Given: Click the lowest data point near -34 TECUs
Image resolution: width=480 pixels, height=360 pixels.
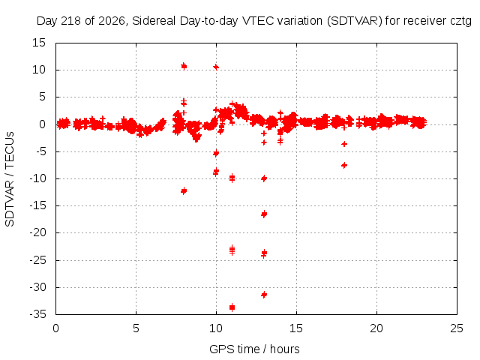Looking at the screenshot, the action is point(232,307).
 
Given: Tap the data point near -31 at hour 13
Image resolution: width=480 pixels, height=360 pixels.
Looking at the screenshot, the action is point(264,295).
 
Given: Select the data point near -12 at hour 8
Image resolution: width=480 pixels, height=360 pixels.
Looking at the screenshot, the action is point(184,191).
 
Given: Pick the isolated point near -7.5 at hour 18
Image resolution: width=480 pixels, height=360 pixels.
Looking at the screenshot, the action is point(344,165).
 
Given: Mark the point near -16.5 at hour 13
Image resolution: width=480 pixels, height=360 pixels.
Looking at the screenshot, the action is point(264,214).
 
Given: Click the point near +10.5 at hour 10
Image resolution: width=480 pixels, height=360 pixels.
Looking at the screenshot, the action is point(216,67).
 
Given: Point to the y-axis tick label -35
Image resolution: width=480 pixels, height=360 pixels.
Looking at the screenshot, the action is point(37,314).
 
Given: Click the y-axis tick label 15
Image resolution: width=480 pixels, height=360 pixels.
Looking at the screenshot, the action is point(39,43).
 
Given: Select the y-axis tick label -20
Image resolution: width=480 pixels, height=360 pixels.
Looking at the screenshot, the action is point(37,233).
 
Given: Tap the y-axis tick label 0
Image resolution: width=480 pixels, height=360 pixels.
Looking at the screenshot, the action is point(42,124).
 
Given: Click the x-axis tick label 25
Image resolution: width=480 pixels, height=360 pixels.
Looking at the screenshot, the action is point(457,328).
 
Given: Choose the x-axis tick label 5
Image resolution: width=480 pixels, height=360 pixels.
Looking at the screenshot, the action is point(136,328).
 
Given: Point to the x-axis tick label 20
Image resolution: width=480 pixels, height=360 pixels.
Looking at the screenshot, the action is point(376,328).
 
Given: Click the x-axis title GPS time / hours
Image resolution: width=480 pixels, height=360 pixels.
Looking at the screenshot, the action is point(254,349).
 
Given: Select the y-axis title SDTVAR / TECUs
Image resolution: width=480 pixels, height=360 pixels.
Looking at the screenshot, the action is point(10,179).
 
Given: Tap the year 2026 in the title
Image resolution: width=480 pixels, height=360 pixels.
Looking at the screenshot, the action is point(112,21).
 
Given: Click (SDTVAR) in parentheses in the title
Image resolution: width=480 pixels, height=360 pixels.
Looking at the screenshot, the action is point(355,21).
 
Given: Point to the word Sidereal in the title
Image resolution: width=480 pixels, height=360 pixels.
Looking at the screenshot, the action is point(154,21).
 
